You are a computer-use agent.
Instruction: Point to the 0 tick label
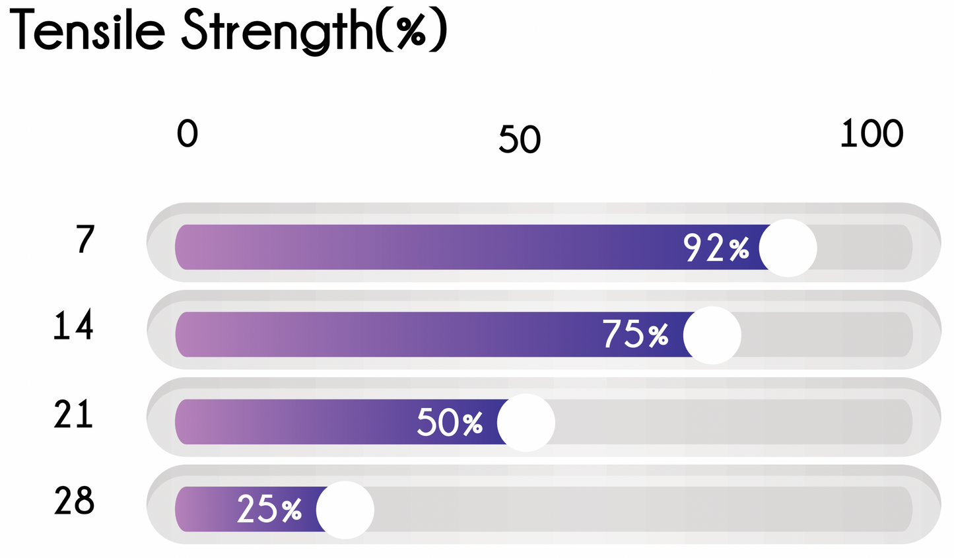tap(187, 134)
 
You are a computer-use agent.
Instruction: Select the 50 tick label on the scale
tap(520, 139)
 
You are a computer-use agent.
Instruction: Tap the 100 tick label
tap(871, 134)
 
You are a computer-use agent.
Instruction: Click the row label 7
tap(85, 240)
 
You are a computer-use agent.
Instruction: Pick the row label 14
tap(73, 326)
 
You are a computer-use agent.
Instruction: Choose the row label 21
tap(73, 414)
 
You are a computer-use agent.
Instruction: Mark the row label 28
tap(74, 501)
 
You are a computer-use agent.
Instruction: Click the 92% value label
tap(716, 248)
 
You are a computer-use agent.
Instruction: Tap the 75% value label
tap(635, 335)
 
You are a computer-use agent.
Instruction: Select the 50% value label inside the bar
tap(450, 423)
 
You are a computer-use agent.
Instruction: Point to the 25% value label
tap(269, 510)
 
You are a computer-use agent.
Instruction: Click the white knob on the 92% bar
tap(788, 248)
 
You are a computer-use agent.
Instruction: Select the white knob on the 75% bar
tap(712, 335)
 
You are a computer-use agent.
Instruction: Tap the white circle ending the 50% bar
tap(526, 423)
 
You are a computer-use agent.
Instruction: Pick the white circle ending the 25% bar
tap(345, 510)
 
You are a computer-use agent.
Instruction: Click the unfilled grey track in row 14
tap(825, 335)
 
